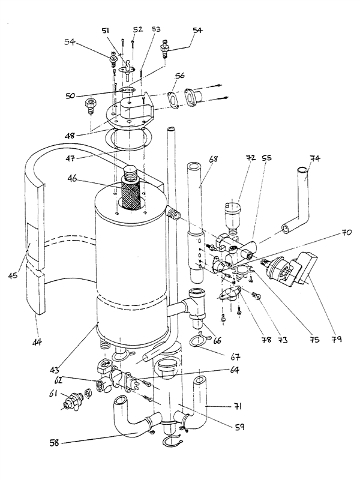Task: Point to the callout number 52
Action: click(137, 29)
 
